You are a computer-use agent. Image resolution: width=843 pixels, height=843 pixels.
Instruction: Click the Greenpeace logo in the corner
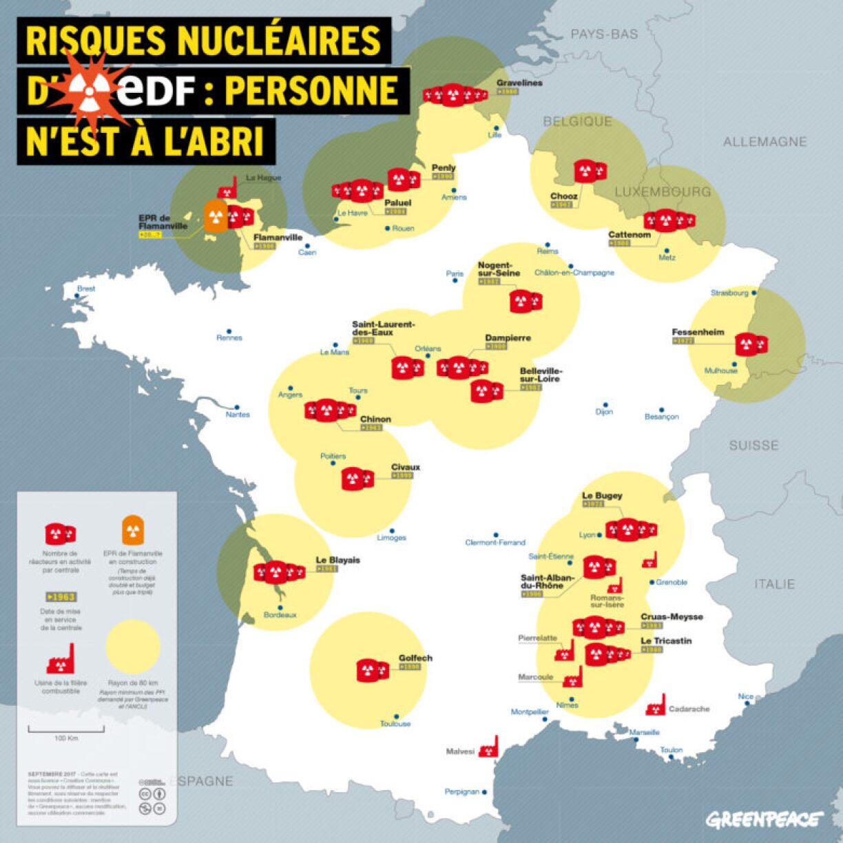click(764, 819)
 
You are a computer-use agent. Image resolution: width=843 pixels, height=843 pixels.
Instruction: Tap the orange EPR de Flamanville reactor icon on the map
click(216, 216)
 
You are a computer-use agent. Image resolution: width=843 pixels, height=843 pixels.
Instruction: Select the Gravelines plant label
click(519, 83)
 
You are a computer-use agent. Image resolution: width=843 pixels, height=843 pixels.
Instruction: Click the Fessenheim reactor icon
click(750, 344)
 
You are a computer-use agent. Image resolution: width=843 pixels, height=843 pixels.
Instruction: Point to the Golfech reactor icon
click(372, 669)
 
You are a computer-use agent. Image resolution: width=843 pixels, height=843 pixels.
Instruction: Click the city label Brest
click(86, 289)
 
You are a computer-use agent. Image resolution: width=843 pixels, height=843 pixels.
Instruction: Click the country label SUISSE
click(753, 446)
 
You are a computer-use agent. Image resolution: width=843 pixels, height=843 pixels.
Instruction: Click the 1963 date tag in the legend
click(61, 596)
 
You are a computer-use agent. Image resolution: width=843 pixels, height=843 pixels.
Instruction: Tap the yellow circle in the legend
click(133, 646)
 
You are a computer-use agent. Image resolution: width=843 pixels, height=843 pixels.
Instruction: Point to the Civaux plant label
click(405, 467)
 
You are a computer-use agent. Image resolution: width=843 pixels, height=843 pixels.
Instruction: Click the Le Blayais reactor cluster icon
click(279, 572)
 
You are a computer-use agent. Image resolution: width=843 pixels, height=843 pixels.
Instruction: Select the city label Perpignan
click(461, 791)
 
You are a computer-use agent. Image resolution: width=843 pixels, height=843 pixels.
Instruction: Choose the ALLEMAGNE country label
click(764, 141)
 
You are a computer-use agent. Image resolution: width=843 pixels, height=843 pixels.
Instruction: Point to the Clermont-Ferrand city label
click(495, 542)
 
